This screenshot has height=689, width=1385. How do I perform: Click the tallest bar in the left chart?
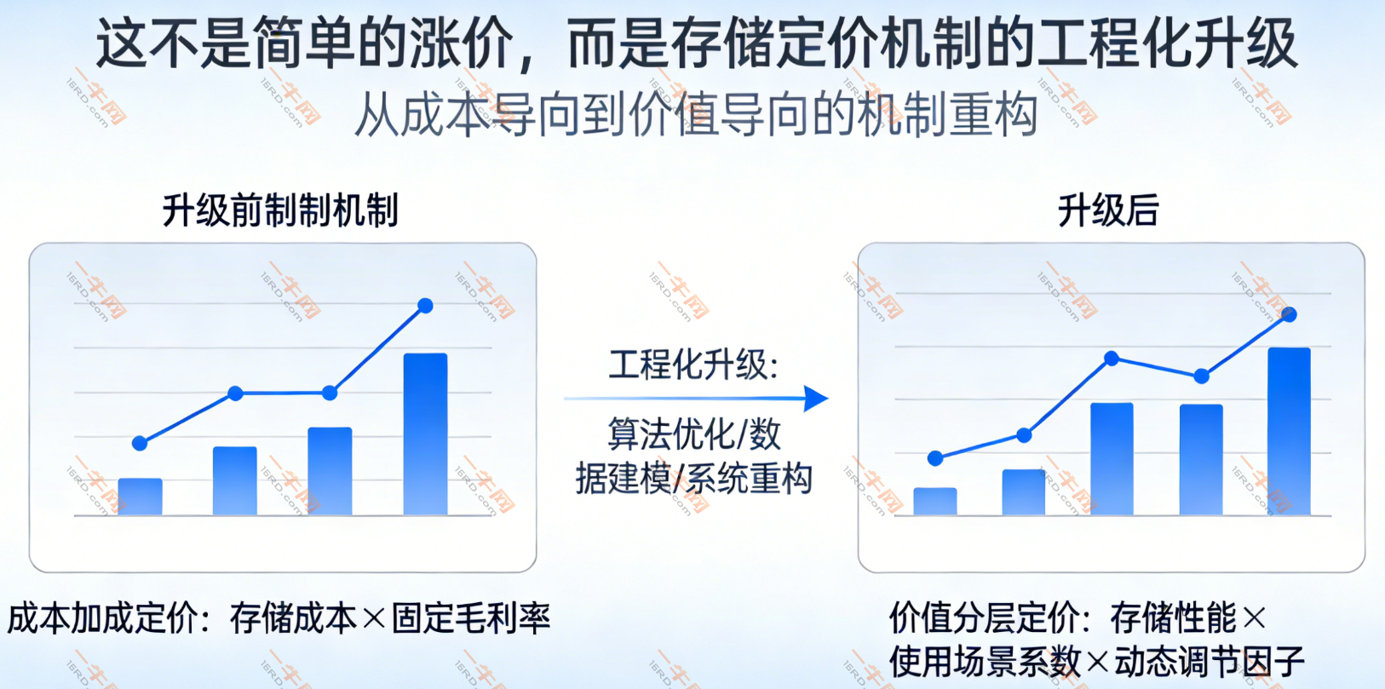click(x=425, y=433)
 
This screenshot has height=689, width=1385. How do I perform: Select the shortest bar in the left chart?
click(x=141, y=496)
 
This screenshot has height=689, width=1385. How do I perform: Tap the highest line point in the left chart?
click(x=425, y=306)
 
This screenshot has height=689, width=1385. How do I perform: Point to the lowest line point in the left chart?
click(x=140, y=443)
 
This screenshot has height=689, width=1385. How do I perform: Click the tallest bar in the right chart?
click(x=1289, y=431)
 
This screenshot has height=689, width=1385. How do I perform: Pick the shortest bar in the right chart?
click(x=935, y=501)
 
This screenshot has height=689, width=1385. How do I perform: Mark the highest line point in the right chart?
click(x=1289, y=315)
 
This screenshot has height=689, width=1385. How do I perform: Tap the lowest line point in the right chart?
click(x=935, y=458)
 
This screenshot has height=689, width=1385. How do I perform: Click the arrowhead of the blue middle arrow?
click(x=816, y=399)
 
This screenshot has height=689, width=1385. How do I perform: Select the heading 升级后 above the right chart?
click(x=1108, y=210)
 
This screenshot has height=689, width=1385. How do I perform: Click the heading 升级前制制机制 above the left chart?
click(x=280, y=210)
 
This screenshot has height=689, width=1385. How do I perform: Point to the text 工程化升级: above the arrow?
click(x=693, y=365)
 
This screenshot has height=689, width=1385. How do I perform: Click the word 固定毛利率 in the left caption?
click(x=470, y=617)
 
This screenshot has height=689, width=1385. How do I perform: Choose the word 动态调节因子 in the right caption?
click(x=1210, y=662)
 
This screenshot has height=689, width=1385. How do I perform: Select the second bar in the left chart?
click(x=235, y=480)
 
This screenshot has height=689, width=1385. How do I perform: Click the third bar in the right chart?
click(x=1112, y=459)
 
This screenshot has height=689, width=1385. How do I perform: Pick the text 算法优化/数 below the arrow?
click(x=693, y=433)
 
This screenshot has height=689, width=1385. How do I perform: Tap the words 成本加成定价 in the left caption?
click(x=102, y=617)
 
